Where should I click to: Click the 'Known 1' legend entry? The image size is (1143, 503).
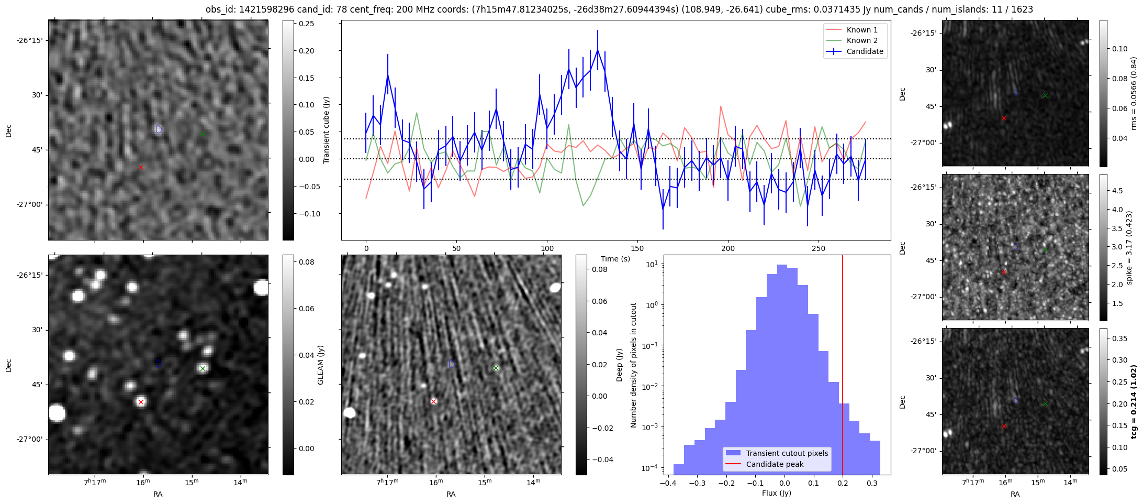tap(861, 30)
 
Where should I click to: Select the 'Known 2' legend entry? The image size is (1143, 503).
tap(861, 40)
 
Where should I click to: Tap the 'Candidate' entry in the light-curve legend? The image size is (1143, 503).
tap(865, 51)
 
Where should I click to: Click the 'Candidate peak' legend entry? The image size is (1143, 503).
tap(775, 464)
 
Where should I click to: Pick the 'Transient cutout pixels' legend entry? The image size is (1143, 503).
tap(787, 453)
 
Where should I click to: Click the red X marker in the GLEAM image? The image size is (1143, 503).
tap(141, 402)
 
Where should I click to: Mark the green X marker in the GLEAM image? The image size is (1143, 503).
tap(203, 368)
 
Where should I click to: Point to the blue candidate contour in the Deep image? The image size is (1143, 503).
tap(452, 364)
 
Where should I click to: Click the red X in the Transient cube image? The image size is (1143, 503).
tap(141, 167)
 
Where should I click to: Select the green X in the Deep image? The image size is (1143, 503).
tap(496, 368)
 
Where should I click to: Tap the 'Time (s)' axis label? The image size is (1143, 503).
tap(615, 259)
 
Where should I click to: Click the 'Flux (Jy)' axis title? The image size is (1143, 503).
tap(777, 493)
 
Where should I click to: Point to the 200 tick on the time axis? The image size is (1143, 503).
tap(728, 248)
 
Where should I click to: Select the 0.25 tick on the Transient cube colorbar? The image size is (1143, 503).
tap(306, 24)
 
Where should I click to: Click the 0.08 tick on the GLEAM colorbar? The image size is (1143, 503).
tap(306, 262)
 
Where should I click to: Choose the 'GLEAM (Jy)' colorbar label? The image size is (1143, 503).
tap(321, 365)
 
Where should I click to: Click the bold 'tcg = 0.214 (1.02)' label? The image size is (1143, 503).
tap(1134, 402)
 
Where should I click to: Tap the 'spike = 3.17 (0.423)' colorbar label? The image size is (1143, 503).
tap(1129, 248)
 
